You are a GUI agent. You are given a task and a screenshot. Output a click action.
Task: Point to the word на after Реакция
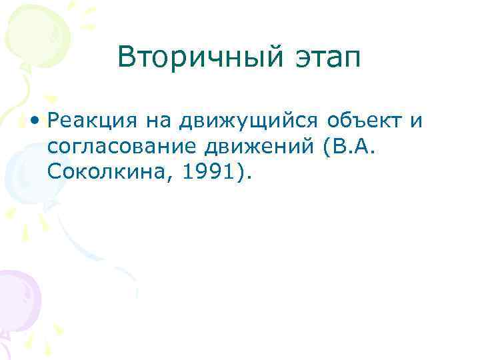153,121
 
